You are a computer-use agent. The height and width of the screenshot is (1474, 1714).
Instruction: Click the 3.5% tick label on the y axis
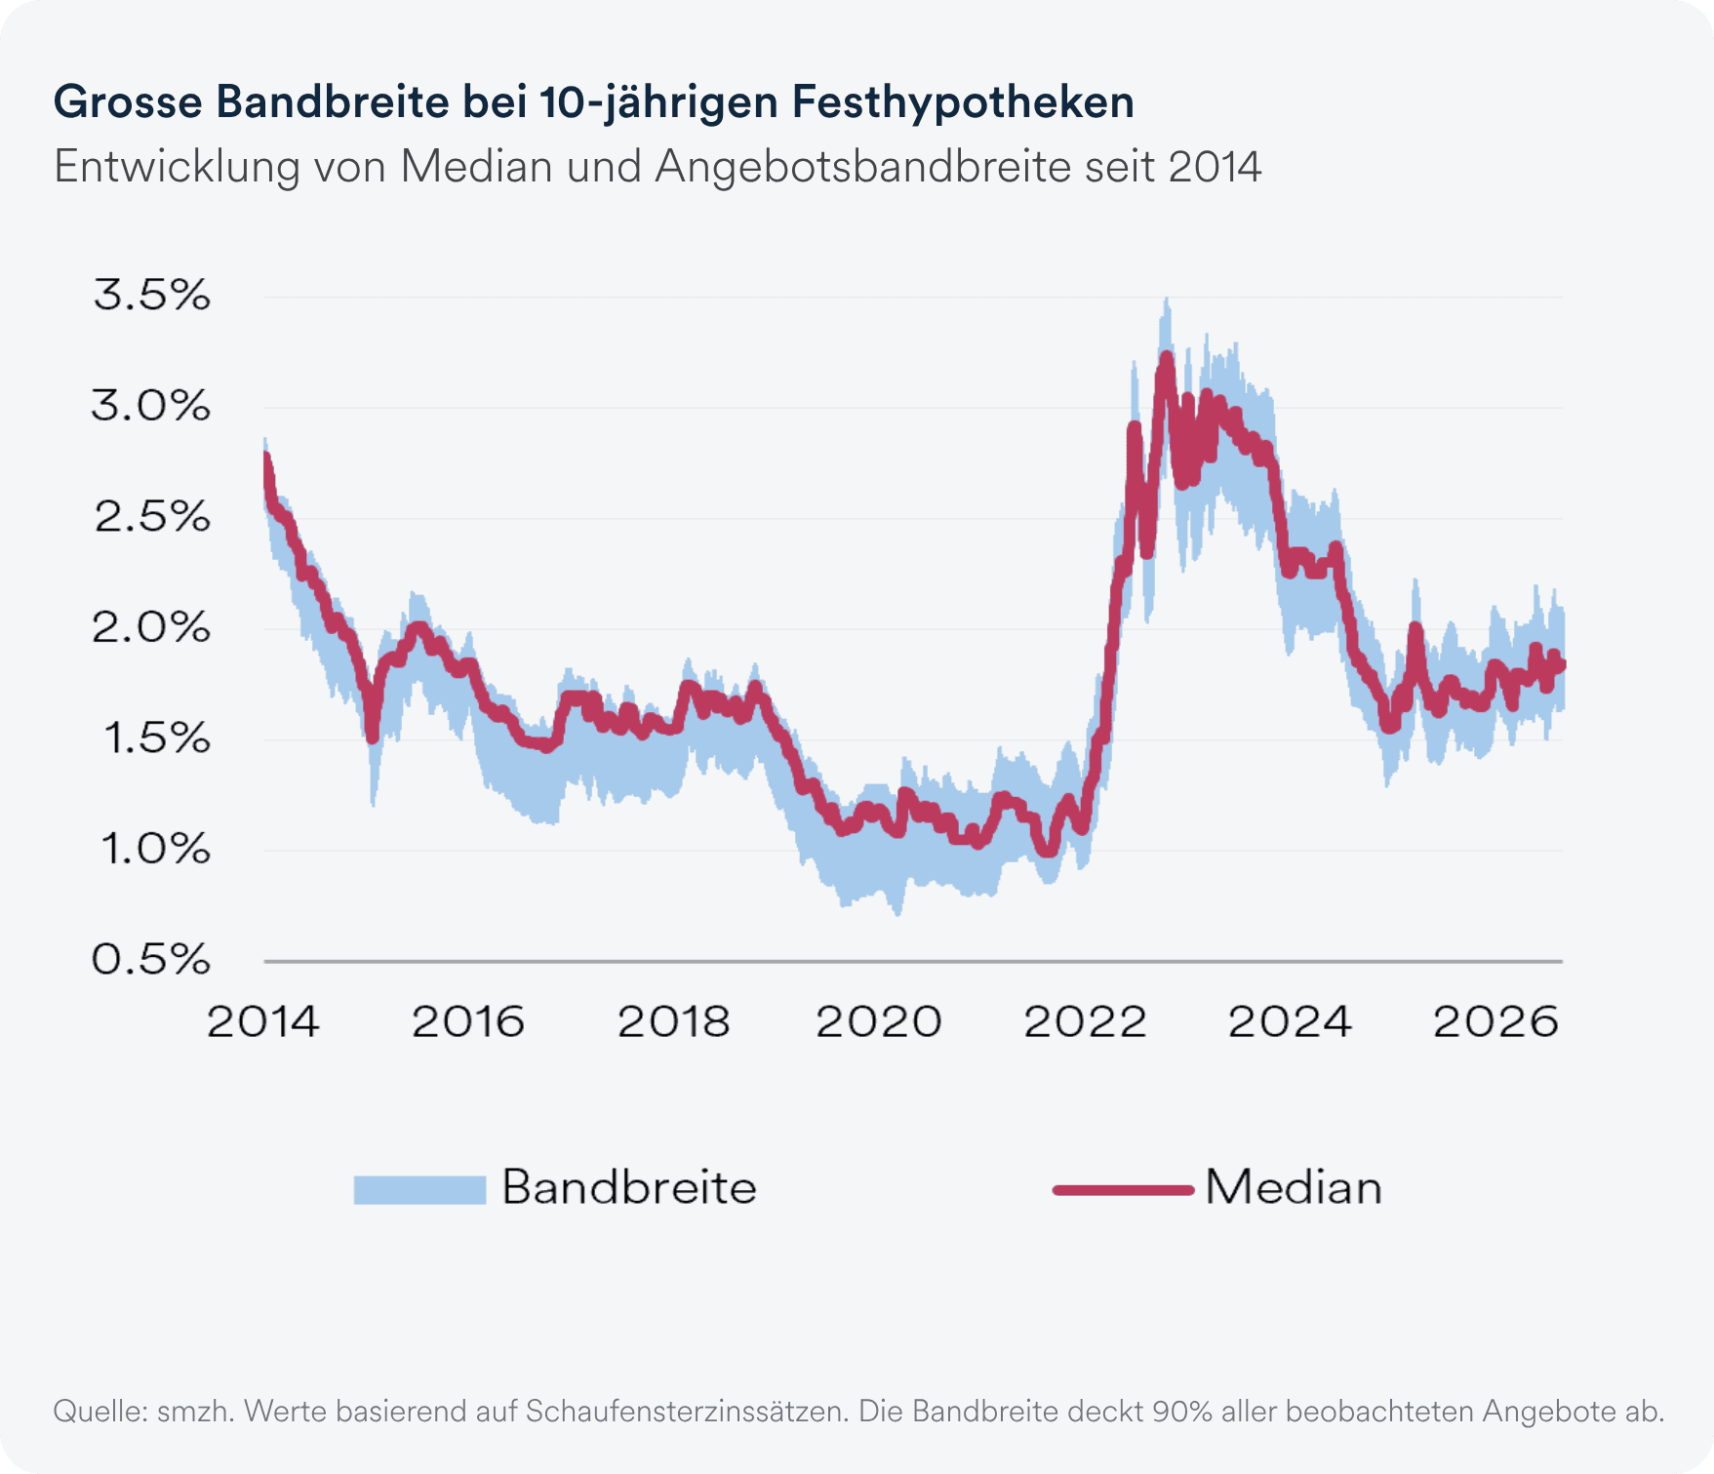point(151,295)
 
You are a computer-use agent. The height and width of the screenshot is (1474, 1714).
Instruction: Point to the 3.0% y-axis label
point(151,405)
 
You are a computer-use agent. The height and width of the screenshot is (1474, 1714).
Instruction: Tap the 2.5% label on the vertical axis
point(151,516)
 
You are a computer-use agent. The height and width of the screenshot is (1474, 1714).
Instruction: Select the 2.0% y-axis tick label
point(151,627)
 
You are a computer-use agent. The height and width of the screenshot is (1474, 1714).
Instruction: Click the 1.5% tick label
point(156,738)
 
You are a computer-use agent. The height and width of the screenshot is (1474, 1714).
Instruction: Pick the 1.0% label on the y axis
point(156,849)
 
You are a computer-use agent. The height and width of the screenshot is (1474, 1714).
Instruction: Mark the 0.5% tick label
point(151,960)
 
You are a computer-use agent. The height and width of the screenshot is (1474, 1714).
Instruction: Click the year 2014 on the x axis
point(263,1021)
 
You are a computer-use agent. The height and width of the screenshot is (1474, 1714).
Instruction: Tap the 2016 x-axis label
point(468,1021)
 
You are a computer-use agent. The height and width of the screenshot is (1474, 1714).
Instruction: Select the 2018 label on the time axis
point(674,1021)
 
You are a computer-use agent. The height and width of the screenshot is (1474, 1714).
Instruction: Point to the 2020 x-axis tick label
point(879,1021)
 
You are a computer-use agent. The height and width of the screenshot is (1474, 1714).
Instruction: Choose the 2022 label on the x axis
point(1085,1021)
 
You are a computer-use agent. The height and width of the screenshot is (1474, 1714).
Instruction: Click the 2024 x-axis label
point(1290,1021)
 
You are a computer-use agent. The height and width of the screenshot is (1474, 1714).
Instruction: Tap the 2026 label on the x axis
point(1495,1021)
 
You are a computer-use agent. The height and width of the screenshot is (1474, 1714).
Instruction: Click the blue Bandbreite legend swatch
point(419,1189)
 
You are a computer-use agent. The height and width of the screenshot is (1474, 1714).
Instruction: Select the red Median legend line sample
point(1124,1189)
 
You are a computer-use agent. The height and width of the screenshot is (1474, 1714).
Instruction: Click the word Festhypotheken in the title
point(963,102)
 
